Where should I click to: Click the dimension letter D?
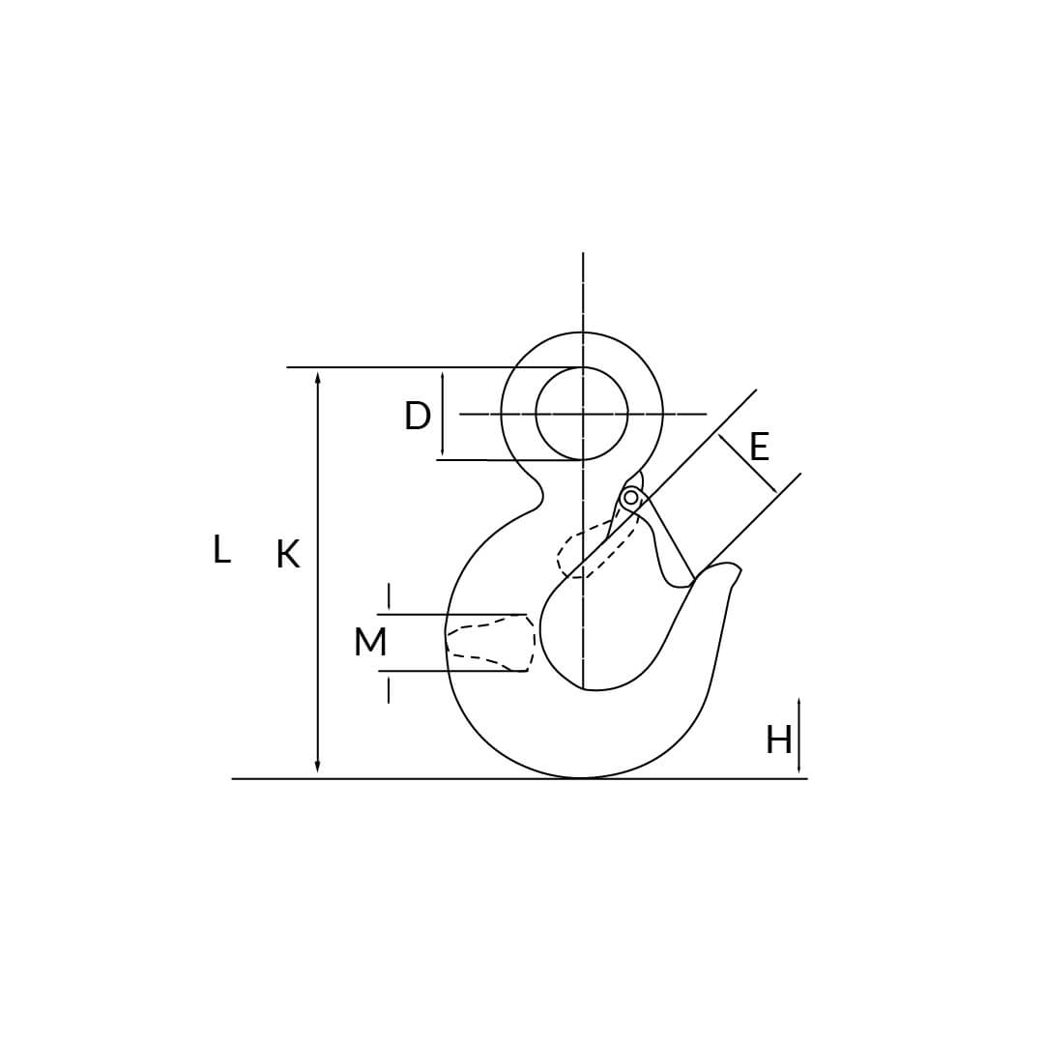click(x=418, y=416)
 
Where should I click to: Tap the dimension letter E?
click(x=759, y=447)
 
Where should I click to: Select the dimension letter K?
click(x=288, y=554)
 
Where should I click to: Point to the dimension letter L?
click(x=221, y=550)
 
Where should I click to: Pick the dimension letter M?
click(x=370, y=642)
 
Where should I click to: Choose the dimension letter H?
click(x=778, y=739)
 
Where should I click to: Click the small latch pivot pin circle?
click(x=630, y=498)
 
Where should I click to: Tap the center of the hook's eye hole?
click(x=583, y=414)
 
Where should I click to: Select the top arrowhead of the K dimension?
click(x=318, y=378)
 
